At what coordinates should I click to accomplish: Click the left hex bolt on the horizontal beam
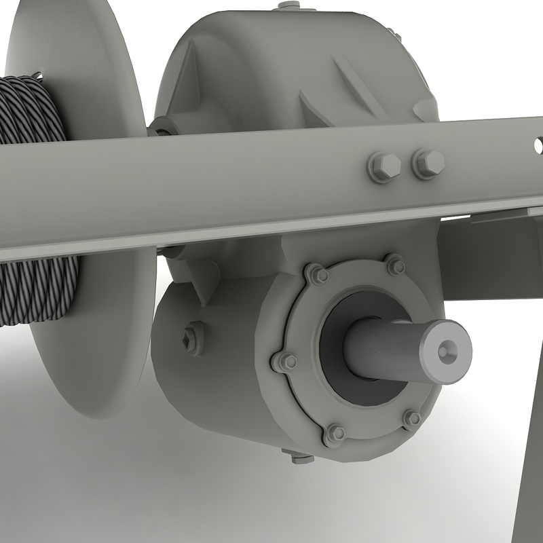coord(383,166)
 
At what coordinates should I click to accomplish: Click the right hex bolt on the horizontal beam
coord(428,163)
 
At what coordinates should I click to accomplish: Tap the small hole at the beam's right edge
coord(538,145)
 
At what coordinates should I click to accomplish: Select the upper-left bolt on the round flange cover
coord(317,274)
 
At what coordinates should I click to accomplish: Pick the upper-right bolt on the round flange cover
coord(395,265)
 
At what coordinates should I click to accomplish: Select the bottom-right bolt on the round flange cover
coord(412,419)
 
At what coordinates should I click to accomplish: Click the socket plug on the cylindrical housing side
coord(193,337)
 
